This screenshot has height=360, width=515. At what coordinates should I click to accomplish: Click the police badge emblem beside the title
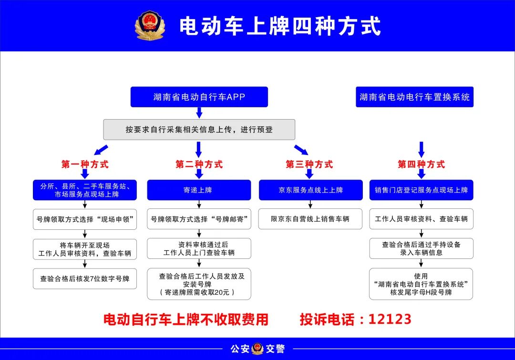click(x=150, y=26)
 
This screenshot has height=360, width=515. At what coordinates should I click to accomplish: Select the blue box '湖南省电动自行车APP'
click(x=199, y=97)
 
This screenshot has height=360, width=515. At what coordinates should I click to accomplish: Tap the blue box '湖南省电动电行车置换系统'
click(x=414, y=97)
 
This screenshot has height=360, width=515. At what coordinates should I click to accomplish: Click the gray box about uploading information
click(x=199, y=129)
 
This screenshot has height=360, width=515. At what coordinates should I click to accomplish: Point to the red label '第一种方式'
click(x=85, y=164)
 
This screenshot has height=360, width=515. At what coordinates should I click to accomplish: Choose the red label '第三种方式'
click(x=309, y=164)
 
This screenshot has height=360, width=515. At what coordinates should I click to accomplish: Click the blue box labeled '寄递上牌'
click(x=199, y=190)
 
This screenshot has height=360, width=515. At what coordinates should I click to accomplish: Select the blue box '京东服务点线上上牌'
click(x=311, y=190)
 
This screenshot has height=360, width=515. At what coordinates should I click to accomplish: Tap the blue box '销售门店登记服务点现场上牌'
click(x=422, y=190)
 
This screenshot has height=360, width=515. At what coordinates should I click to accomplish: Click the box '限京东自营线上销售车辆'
click(x=310, y=219)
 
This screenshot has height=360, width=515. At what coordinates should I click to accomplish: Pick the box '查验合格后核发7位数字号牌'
click(x=85, y=279)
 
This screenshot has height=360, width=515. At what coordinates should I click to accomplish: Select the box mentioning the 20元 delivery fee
click(x=199, y=284)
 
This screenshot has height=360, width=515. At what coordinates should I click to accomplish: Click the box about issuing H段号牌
click(x=421, y=284)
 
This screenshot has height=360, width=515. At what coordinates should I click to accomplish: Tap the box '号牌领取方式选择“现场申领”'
click(x=85, y=219)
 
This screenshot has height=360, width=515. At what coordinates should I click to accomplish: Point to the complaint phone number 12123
click(x=390, y=319)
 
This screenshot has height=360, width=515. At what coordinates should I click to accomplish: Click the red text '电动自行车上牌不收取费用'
click(x=186, y=319)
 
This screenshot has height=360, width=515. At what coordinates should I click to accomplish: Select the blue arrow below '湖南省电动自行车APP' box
click(x=199, y=113)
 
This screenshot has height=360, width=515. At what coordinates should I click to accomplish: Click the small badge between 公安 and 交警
click(x=257, y=349)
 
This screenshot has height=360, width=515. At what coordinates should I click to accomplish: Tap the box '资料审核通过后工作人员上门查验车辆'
click(x=199, y=248)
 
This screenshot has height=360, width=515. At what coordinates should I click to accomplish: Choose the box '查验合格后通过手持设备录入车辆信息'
click(x=422, y=248)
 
